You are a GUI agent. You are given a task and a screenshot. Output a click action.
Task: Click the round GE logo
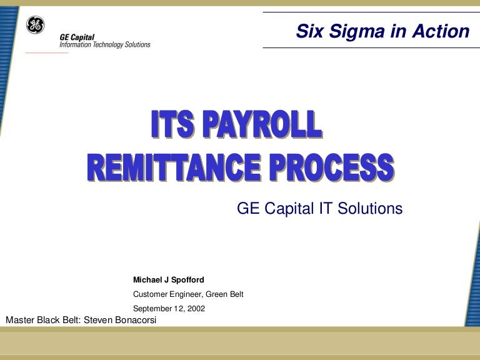pos(36,25)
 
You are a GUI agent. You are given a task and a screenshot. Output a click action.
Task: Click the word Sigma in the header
pos(354,31)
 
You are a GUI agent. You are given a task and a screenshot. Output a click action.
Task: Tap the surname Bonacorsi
pos(136,321)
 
